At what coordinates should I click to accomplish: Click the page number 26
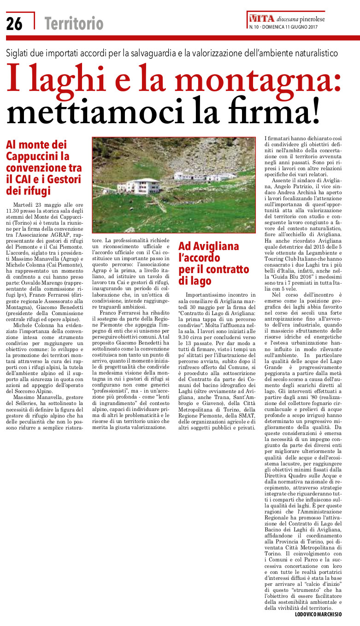(14, 23)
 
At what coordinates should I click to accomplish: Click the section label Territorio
(73, 23)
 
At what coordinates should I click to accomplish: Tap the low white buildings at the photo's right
(198, 177)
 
